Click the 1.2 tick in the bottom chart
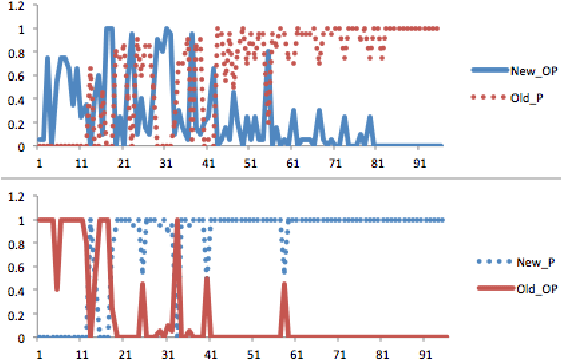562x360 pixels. point(16,196)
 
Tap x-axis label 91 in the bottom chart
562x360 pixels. point(422,353)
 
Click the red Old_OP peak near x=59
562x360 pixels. point(285,285)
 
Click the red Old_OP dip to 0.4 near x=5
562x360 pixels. point(57,288)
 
